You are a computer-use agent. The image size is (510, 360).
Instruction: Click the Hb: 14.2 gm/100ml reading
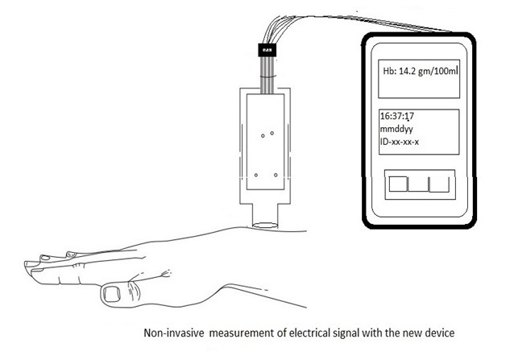coord(420,72)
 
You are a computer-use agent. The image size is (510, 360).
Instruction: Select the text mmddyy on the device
coord(399,130)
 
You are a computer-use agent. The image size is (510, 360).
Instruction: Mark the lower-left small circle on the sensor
coord(256,174)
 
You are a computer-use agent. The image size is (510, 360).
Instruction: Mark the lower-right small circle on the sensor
coord(276,174)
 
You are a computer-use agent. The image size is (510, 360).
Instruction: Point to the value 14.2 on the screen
coord(409,72)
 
